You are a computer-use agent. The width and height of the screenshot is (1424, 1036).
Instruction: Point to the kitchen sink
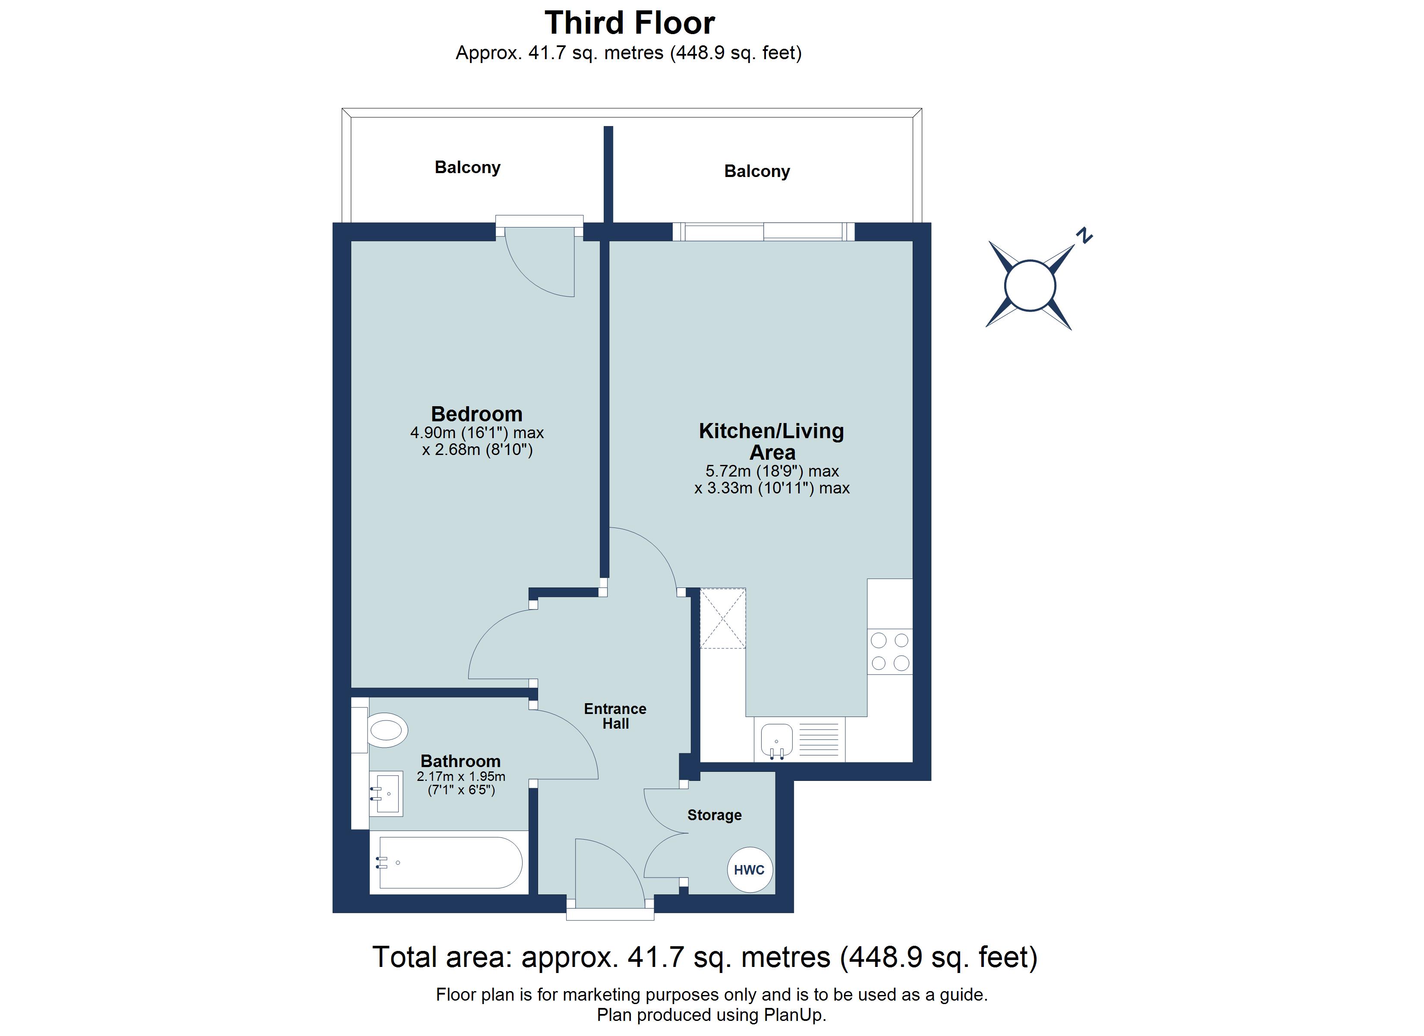click(x=777, y=739)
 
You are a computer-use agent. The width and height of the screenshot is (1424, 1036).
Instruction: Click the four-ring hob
click(x=890, y=651)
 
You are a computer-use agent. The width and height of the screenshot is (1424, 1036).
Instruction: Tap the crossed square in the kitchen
click(x=723, y=618)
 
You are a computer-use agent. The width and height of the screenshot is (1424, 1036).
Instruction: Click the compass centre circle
click(x=1030, y=286)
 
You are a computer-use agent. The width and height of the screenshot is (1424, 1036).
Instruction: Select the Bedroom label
click(x=476, y=414)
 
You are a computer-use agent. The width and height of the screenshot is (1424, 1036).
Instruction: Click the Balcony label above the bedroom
click(x=467, y=167)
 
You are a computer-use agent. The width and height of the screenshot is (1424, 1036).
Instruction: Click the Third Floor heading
click(x=629, y=23)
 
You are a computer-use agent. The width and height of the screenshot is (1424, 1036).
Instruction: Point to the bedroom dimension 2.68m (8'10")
click(x=477, y=450)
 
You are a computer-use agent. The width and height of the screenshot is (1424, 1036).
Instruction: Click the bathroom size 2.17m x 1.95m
click(x=461, y=777)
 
